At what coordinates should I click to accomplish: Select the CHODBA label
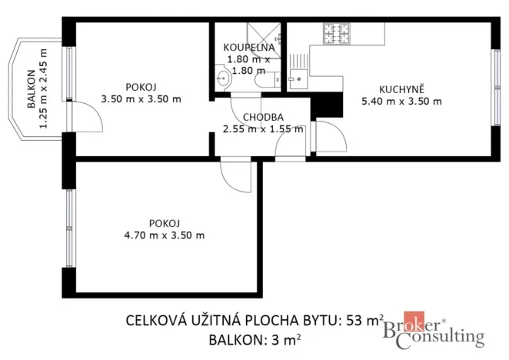tap(263, 117)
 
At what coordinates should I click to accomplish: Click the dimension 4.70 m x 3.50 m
tap(164, 235)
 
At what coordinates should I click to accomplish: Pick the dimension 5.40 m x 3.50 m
tap(401, 101)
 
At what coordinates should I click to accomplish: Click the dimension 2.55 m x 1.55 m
tap(263, 128)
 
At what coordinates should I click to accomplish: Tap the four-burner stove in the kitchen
tap(336, 33)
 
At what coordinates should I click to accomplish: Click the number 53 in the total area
tap(358, 320)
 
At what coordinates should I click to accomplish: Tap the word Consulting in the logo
tap(446, 336)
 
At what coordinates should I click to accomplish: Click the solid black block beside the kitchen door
tap(328, 104)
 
